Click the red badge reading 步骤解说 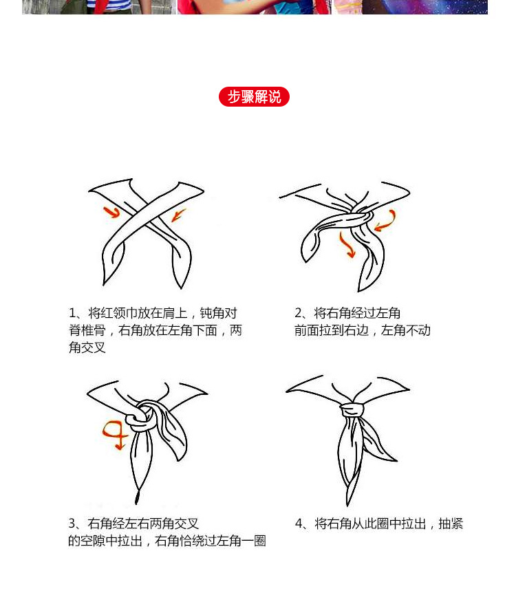(254, 96)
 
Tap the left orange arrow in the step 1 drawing (111, 212)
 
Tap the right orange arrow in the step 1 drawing (178, 215)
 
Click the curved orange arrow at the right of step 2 (386, 222)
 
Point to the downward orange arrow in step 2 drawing (346, 245)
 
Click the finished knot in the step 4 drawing (352, 410)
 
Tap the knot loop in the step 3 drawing (144, 416)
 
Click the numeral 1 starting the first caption (72, 313)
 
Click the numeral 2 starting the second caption (299, 313)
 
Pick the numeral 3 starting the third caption (72, 524)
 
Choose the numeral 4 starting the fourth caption (299, 524)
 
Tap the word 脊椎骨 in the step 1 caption (87, 330)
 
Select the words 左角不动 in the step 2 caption (406, 330)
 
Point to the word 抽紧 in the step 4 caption (451, 524)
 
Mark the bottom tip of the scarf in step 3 (136, 502)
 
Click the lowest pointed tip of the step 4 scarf (348, 505)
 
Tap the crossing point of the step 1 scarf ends (145, 215)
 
